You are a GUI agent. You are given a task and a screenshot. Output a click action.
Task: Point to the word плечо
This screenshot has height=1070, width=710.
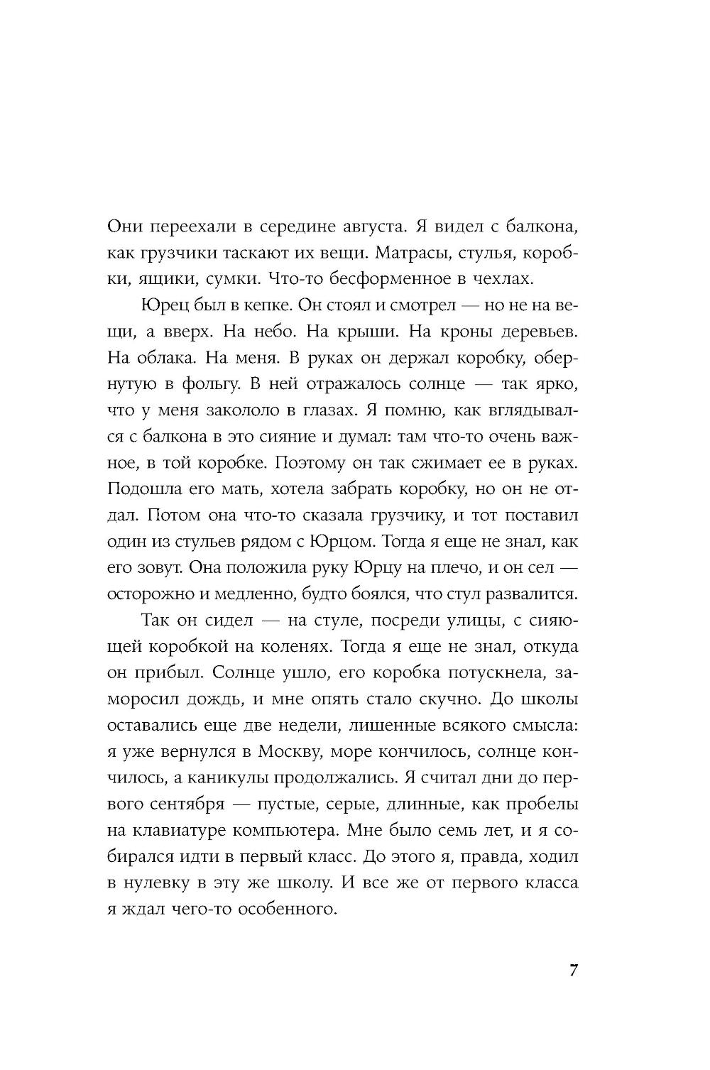click(x=457, y=568)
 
